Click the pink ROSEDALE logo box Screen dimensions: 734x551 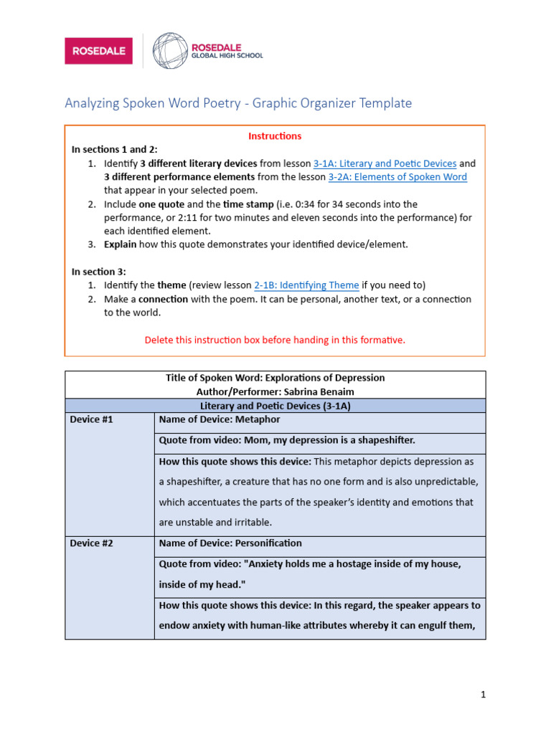tap(98, 51)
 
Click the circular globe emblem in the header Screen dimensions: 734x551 tap(169, 50)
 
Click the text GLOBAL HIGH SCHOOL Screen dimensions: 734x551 tap(227, 56)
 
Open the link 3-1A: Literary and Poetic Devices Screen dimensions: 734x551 tap(385, 163)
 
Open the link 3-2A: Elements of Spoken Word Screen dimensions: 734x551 tap(397, 177)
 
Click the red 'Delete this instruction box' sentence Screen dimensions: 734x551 tap(275, 340)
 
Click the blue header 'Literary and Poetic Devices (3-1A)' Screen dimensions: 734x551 tap(275, 406)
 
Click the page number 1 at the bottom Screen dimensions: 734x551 tap(484, 694)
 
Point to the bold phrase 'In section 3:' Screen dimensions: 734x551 tap(98, 272)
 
